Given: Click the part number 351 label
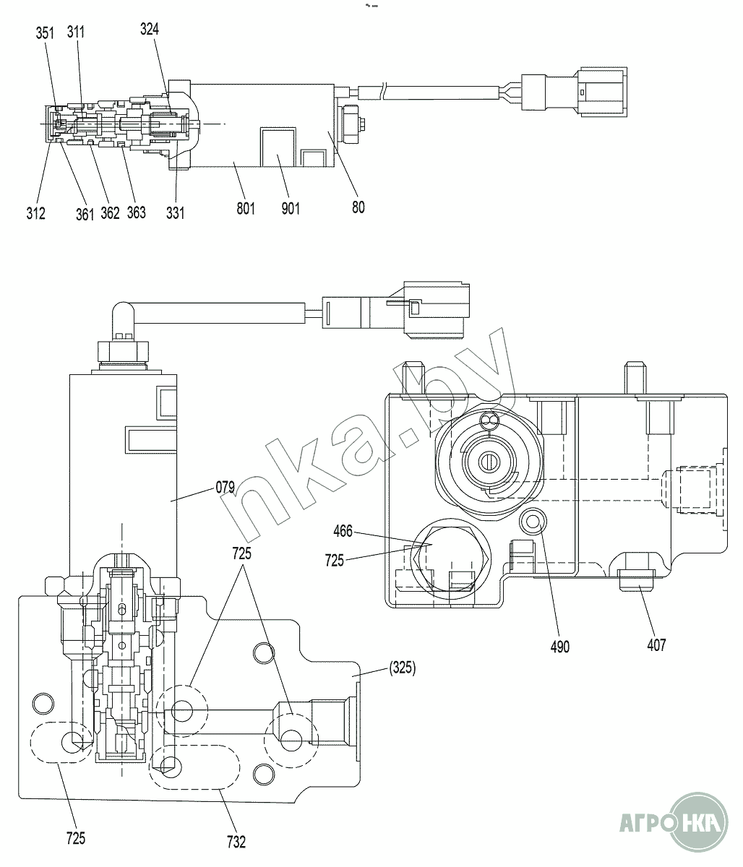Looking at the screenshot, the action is click(x=45, y=33).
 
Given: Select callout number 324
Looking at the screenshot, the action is click(x=150, y=30).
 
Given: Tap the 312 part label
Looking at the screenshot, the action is click(x=35, y=214).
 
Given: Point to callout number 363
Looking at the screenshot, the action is click(x=137, y=212).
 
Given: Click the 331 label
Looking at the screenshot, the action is click(x=176, y=213).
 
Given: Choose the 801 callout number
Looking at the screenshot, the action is click(x=246, y=209).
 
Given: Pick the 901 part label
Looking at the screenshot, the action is click(x=291, y=209).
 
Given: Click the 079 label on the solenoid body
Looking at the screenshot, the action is click(x=226, y=488).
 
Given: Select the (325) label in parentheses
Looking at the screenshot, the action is click(x=403, y=668).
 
